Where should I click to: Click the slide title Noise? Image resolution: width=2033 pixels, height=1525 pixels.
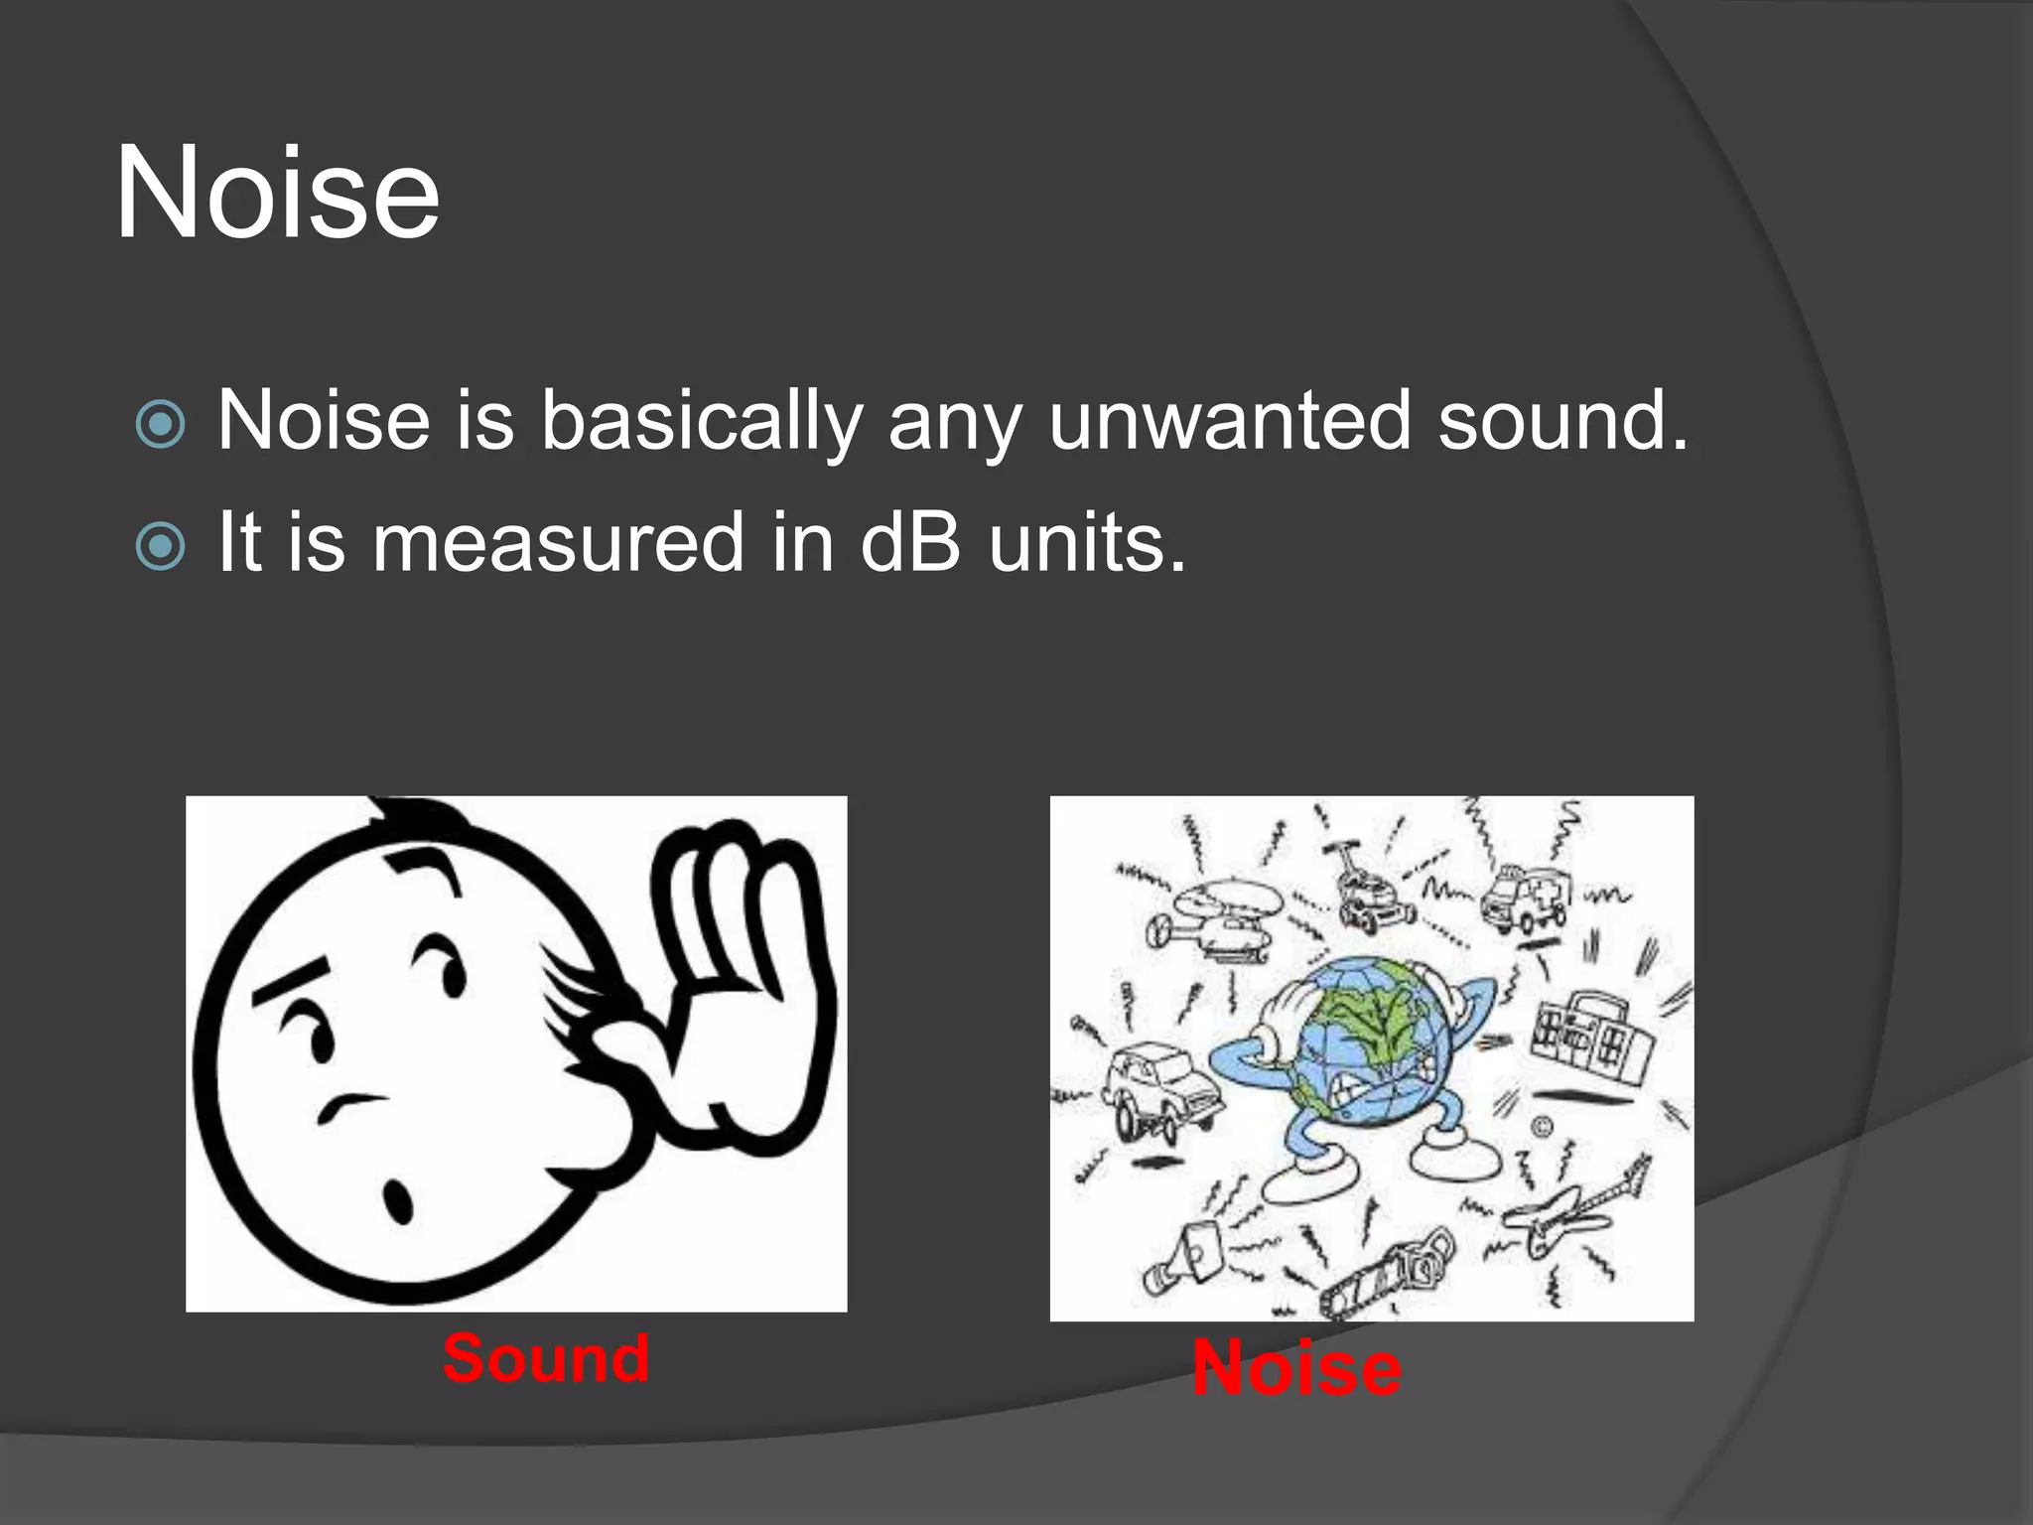click(277, 193)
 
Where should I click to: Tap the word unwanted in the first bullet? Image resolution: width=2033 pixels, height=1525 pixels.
click(1229, 421)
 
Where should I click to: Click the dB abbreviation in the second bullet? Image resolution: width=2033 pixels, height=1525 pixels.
click(909, 542)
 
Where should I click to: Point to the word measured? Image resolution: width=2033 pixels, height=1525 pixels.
click(558, 543)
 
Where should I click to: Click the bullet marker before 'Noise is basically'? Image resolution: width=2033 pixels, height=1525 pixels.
click(160, 425)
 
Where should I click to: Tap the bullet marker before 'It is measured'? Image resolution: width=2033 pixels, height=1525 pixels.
click(160, 546)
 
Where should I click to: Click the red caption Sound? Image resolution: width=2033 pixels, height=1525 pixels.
click(546, 1358)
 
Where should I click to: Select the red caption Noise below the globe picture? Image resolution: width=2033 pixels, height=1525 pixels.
click(1296, 1368)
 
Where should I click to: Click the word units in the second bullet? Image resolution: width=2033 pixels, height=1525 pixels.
click(1086, 543)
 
